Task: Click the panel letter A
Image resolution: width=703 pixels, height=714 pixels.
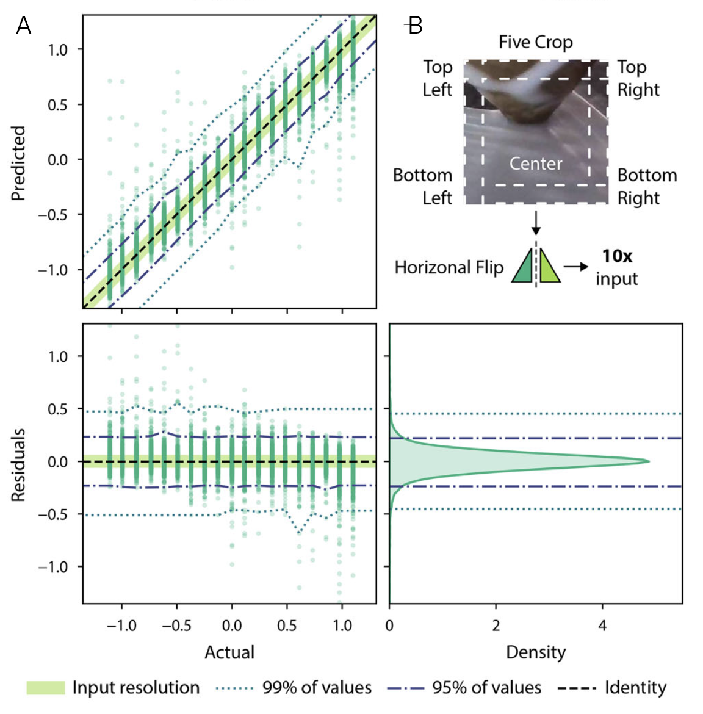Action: (x=24, y=26)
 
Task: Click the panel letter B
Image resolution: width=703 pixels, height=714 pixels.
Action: (x=415, y=26)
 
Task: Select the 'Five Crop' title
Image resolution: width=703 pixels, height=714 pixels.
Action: (x=535, y=42)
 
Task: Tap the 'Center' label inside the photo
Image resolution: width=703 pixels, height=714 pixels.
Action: (x=536, y=164)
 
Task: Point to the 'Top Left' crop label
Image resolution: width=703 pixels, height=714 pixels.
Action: (x=438, y=78)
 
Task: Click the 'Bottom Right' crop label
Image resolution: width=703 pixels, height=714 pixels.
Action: (x=647, y=186)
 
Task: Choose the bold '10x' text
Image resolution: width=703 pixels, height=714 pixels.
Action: (x=617, y=256)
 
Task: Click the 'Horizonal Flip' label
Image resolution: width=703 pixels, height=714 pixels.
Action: (x=449, y=267)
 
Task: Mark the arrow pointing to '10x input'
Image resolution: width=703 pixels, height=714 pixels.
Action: (x=575, y=267)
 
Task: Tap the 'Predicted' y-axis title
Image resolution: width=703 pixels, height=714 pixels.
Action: (x=18, y=164)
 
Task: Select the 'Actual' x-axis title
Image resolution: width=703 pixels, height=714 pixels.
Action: (x=229, y=652)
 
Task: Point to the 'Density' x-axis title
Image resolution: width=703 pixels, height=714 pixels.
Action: (x=536, y=652)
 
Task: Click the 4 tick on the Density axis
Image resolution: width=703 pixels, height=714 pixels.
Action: (x=602, y=626)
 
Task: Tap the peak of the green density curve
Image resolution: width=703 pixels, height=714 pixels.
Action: (x=648, y=461)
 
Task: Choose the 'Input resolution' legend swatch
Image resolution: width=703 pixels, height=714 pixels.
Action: (x=46, y=688)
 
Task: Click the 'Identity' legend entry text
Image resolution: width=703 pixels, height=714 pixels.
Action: (x=635, y=688)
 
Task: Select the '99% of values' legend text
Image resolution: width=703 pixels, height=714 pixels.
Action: (x=317, y=688)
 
